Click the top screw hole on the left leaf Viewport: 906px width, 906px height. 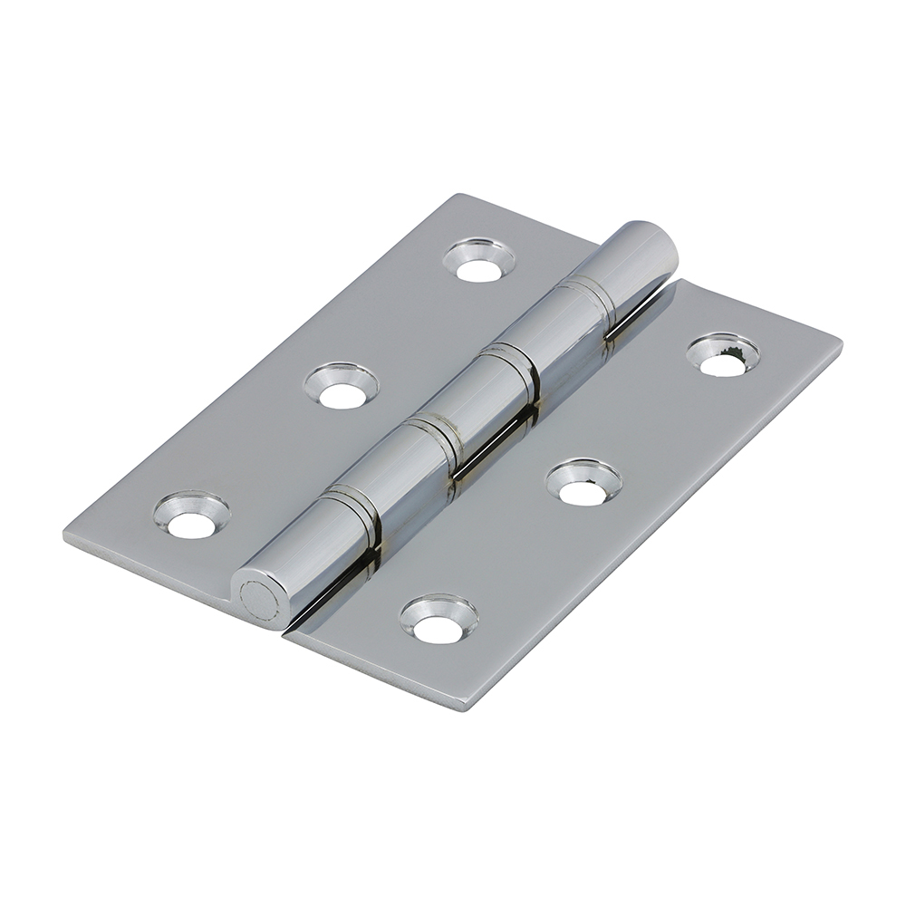479,261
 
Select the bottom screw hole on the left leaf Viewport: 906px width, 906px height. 191,517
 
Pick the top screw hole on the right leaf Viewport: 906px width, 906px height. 722,357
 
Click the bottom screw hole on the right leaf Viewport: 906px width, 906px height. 439,620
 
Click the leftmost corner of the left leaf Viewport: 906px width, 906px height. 64,535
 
